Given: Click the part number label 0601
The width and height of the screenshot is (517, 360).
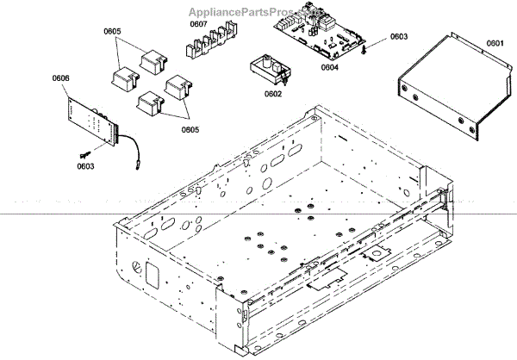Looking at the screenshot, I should point(494,42).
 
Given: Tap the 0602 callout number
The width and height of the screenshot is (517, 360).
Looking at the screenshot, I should point(274,94).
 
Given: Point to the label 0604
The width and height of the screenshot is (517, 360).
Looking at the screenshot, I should point(330,66).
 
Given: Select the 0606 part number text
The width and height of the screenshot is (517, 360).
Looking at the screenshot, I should point(61,78).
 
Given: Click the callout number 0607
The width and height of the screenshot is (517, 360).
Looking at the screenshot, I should point(199,24).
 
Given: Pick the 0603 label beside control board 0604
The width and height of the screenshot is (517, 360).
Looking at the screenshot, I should point(399,37).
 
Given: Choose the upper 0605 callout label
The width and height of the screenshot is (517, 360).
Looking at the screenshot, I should point(113,31).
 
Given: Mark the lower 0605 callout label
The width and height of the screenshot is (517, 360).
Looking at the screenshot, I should point(190,129).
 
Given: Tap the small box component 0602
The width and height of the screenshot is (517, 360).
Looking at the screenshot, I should point(266,70).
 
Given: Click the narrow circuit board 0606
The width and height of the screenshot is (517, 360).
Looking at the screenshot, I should point(91,121).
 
